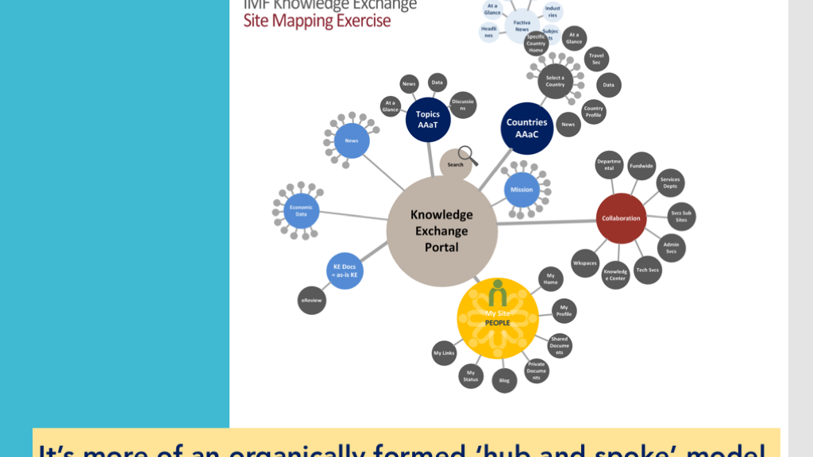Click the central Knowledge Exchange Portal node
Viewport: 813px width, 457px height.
[441, 231]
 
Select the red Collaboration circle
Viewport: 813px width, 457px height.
[621, 218]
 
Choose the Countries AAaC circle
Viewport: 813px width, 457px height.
[527, 128]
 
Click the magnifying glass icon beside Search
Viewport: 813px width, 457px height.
[468, 156]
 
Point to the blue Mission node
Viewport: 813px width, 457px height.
[522, 190]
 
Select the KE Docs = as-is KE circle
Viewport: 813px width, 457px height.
[345, 271]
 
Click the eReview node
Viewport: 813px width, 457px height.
[312, 301]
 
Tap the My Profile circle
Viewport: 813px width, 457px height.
[564, 311]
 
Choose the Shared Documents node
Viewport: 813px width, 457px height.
[559, 346]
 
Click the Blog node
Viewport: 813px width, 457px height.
[504, 380]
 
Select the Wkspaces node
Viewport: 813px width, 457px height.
[585, 263]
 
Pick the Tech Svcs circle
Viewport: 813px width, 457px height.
[647, 270]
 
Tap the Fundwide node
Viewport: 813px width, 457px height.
[641, 166]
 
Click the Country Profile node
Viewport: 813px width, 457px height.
[593, 112]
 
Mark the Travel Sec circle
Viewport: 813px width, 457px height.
[596, 59]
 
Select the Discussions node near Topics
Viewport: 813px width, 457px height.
[462, 105]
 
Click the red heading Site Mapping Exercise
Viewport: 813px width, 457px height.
[317, 21]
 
